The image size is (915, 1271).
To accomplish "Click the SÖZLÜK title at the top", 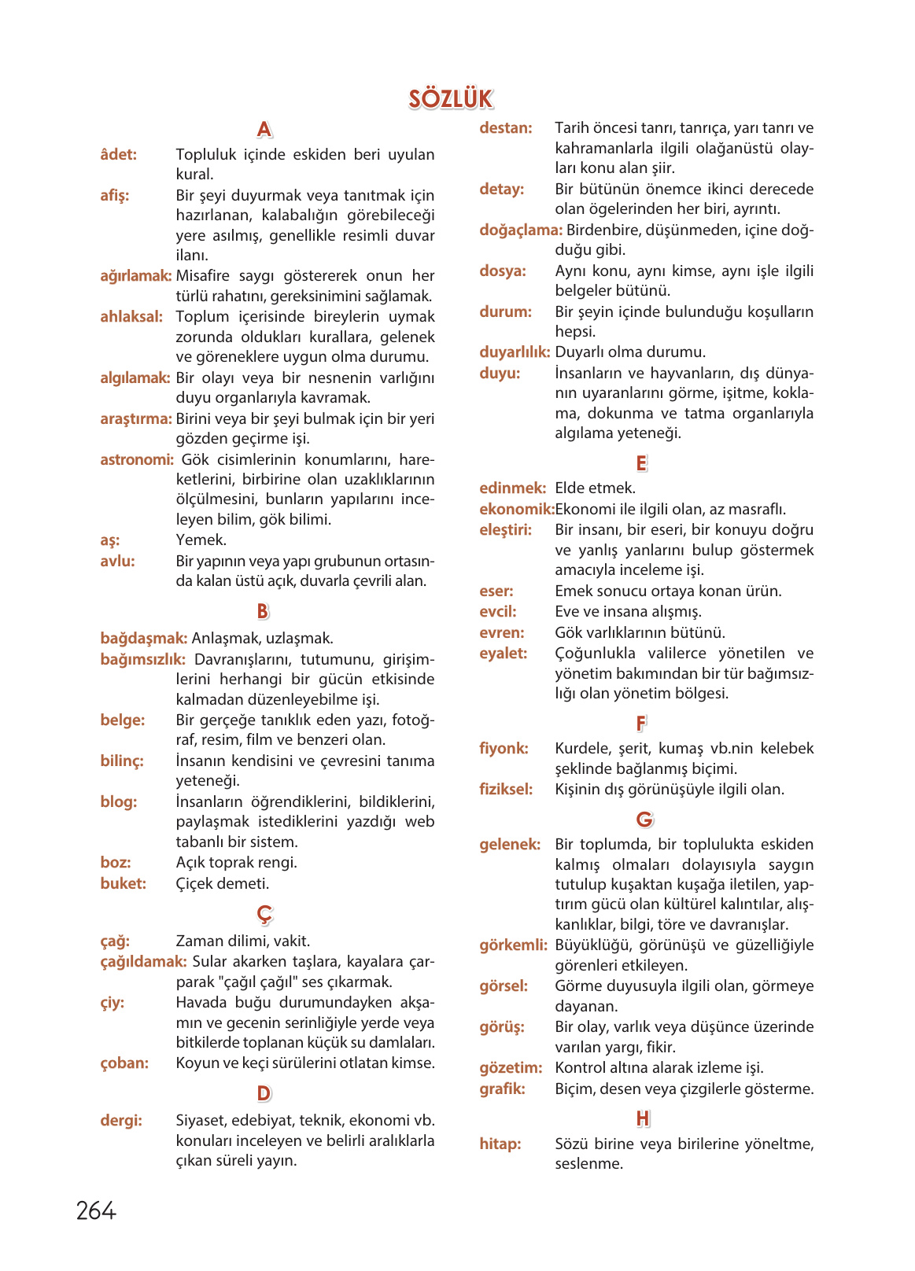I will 451,99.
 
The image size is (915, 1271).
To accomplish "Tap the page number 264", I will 96,1210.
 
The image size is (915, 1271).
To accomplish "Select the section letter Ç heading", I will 264,914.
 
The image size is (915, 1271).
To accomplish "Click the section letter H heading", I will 643,1118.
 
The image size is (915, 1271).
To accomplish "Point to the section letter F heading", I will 641,723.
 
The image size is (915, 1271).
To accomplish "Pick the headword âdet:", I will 119,155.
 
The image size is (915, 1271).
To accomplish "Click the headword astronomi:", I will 137,459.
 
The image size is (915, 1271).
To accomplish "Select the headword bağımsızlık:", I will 143,659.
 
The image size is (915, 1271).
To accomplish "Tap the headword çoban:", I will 124,1063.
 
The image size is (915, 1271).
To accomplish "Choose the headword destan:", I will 506,128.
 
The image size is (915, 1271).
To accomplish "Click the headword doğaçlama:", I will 521,230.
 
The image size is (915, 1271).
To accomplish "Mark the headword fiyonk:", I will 504,749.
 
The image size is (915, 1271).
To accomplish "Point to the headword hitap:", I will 500,1144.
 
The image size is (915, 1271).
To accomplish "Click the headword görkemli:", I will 513,945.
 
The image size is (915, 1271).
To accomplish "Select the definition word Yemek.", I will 201,540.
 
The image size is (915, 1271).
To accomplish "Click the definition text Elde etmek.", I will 595,488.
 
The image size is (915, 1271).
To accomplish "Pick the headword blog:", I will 119,802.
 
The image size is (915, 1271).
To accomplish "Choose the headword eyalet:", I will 504,654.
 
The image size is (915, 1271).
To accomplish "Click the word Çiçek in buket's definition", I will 195,884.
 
